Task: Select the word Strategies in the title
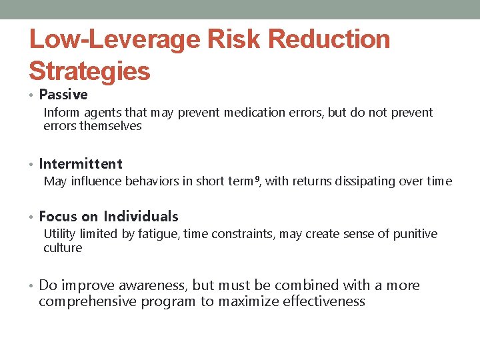(89, 71)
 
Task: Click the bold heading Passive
(63, 95)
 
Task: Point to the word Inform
(60, 113)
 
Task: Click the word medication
(255, 113)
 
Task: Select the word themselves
(111, 126)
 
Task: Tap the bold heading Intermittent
(81, 163)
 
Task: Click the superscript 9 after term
(257, 179)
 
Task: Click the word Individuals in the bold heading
(141, 216)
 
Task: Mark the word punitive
(415, 234)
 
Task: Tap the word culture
(63, 248)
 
